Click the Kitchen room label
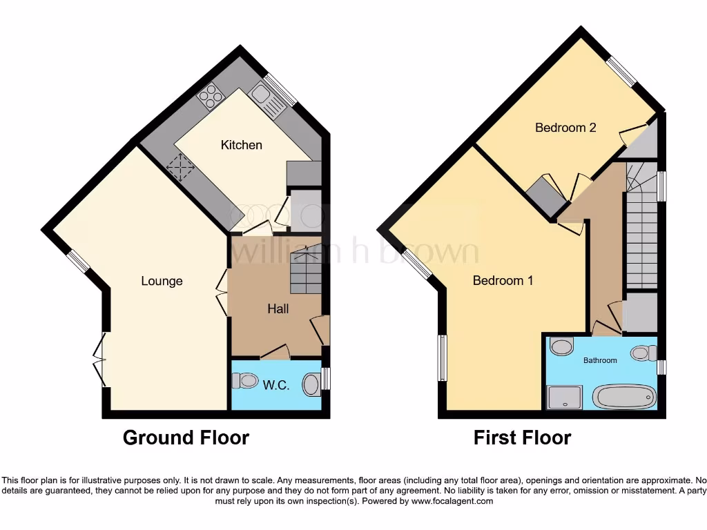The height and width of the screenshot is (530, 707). (242, 145)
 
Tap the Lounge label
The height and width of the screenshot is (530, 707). (162, 281)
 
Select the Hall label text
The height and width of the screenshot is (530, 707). (278, 308)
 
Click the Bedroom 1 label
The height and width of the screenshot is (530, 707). (503, 281)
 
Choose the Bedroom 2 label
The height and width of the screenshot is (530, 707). (565, 128)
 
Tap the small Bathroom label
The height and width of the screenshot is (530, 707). (600, 360)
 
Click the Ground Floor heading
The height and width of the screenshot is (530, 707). (186, 438)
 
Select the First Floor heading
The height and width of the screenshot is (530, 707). (522, 438)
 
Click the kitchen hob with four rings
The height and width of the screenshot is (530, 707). (208, 99)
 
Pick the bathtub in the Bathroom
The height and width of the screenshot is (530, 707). (625, 397)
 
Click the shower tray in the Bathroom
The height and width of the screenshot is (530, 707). (565, 397)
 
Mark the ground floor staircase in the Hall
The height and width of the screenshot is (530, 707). (305, 273)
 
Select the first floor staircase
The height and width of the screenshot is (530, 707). (641, 235)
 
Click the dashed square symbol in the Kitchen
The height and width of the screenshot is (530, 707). (181, 167)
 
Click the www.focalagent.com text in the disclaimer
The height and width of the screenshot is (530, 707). (452, 501)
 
